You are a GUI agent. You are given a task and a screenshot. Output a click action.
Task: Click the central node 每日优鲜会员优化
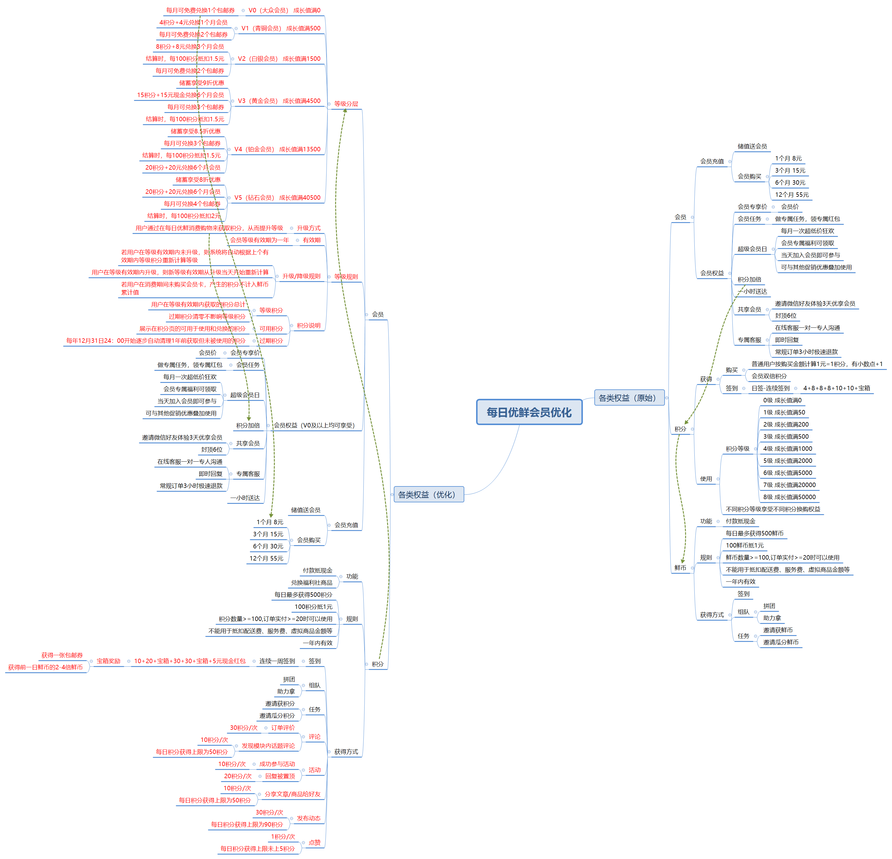point(529,412)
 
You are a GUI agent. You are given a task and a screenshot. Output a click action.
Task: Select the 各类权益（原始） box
point(629,398)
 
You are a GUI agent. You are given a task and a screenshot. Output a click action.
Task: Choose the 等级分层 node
point(346,104)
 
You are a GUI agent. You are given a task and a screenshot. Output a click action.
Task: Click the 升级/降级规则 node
point(301,276)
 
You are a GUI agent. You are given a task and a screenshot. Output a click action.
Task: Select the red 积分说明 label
point(308,325)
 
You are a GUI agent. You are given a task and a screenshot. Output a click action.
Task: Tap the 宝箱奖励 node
point(108,661)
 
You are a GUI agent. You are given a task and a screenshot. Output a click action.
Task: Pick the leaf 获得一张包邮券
point(62,655)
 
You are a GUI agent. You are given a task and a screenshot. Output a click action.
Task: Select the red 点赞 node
point(314,842)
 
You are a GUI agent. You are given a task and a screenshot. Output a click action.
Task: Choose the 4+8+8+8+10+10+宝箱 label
point(837,388)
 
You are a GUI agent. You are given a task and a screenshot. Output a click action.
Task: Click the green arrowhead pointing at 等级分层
point(345,111)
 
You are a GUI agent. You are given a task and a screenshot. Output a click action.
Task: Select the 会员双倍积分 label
point(769,376)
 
